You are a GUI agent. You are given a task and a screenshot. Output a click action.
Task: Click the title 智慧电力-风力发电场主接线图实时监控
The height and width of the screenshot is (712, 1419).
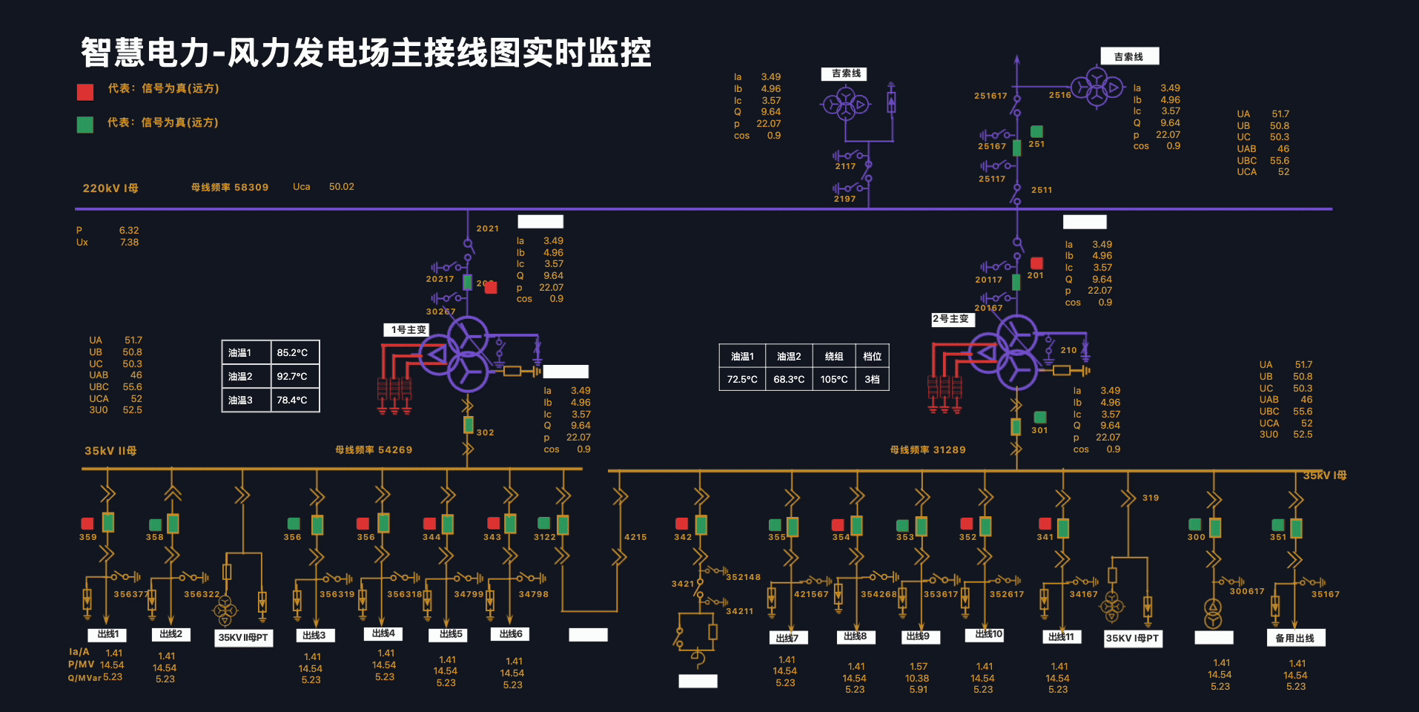pyautogui.click(x=365, y=53)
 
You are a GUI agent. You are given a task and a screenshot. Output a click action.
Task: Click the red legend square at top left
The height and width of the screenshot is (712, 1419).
pyautogui.click(x=85, y=92)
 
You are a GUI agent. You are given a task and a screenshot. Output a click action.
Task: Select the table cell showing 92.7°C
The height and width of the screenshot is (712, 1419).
pyautogui.click(x=292, y=377)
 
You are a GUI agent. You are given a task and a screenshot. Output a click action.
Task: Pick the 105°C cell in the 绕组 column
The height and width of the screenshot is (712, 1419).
pyautogui.click(x=834, y=380)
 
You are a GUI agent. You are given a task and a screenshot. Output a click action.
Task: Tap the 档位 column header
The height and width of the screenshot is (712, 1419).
pyautogui.click(x=872, y=357)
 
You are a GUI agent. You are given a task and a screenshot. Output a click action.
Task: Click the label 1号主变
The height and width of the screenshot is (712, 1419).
pyautogui.click(x=408, y=330)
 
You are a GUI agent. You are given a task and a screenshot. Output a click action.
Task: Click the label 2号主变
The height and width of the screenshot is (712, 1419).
pyautogui.click(x=951, y=319)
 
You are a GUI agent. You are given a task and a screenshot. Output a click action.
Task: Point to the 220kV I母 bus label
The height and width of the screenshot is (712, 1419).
pyautogui.click(x=110, y=188)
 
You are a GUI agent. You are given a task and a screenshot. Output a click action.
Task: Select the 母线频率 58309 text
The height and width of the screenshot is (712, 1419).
pyautogui.click(x=230, y=188)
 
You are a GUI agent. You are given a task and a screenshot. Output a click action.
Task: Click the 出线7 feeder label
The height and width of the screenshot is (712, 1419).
pyautogui.click(x=787, y=638)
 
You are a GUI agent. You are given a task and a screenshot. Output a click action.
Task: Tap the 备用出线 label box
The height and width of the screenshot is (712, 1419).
pyautogui.click(x=1294, y=638)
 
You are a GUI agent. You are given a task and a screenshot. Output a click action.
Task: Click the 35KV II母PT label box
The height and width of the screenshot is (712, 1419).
pyautogui.click(x=243, y=638)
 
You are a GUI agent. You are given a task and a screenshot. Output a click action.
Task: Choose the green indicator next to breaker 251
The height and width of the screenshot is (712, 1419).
pyautogui.click(x=1036, y=131)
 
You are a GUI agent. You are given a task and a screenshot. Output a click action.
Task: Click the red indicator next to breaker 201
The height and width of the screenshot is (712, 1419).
pyautogui.click(x=1036, y=263)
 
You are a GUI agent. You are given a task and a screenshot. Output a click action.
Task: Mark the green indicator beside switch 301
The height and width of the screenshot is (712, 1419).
pyautogui.click(x=1040, y=418)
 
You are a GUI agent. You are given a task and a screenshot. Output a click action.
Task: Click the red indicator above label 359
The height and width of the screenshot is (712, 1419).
pyautogui.click(x=87, y=524)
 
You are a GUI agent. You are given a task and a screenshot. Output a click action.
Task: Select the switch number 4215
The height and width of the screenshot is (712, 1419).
pyautogui.click(x=635, y=537)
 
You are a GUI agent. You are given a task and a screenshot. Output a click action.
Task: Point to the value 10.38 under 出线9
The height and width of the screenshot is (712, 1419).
pyautogui.click(x=917, y=679)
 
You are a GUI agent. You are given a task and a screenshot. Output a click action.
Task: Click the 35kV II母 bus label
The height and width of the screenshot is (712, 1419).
pyautogui.click(x=110, y=451)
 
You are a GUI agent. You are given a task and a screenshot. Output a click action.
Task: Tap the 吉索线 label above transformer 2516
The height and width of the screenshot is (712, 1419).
pyautogui.click(x=1128, y=57)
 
